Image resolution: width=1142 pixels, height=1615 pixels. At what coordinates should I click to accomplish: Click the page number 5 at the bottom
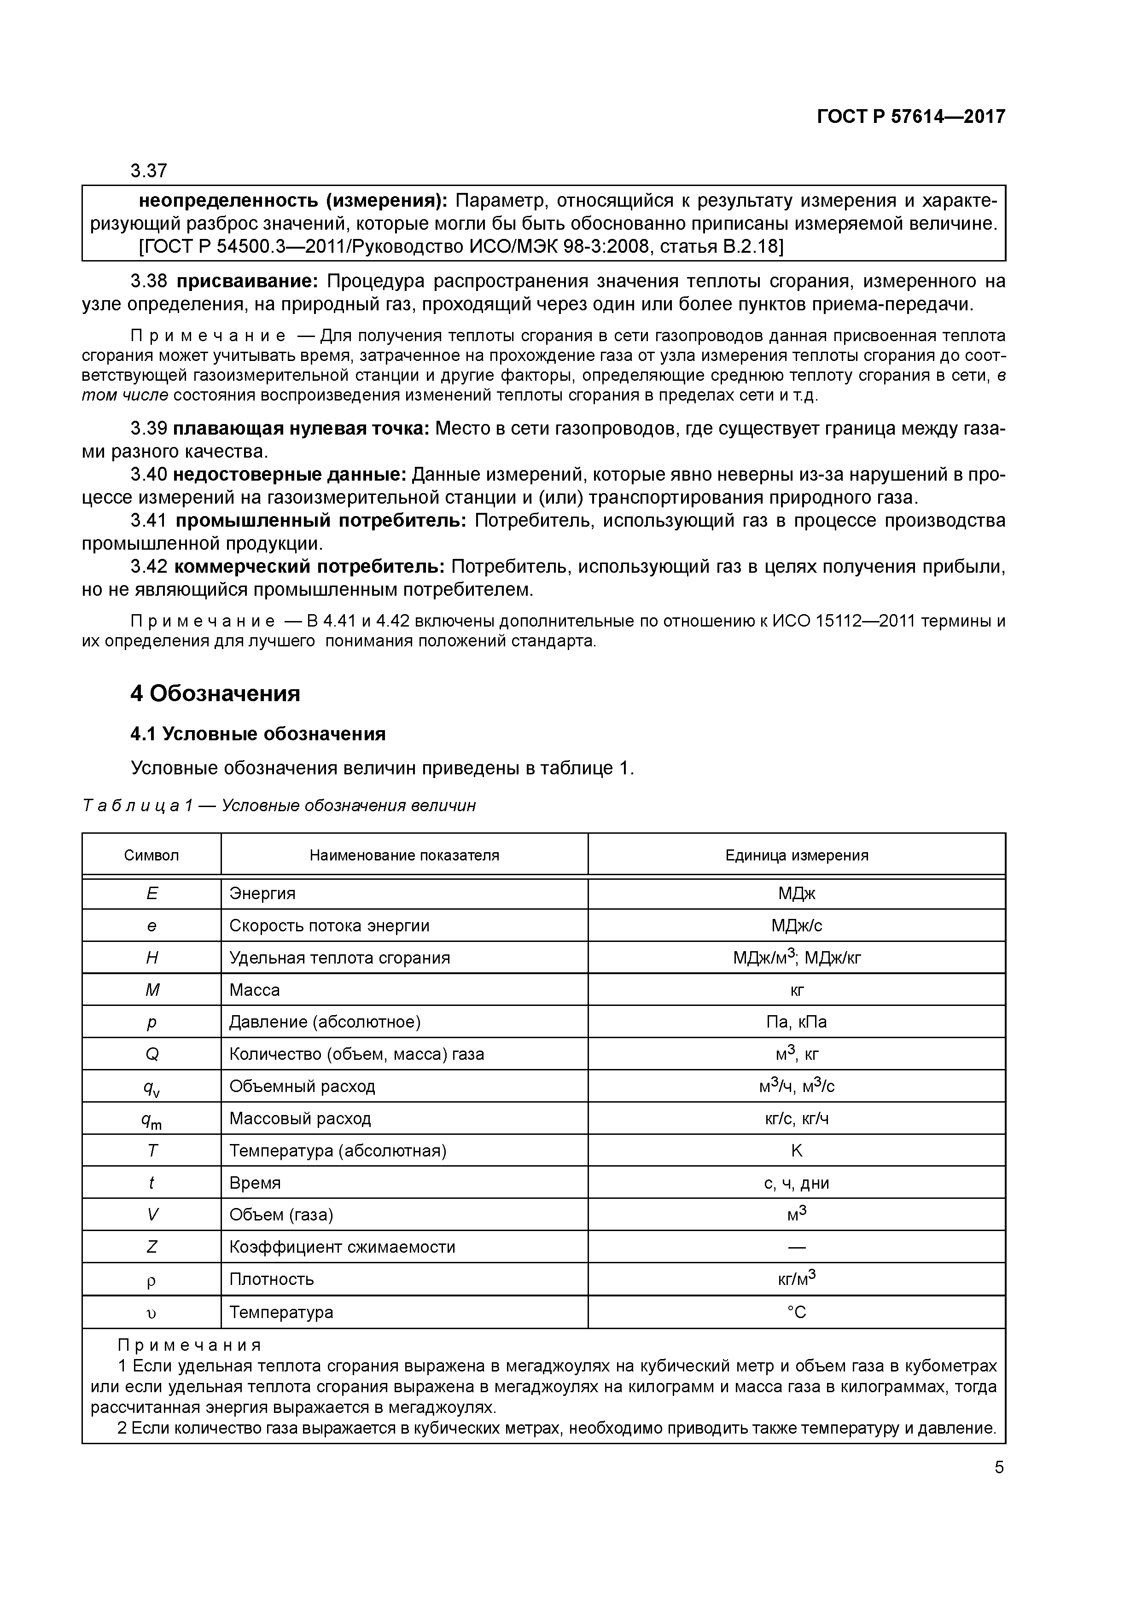pos(999,1467)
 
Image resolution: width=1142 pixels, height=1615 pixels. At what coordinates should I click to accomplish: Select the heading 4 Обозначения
pos(216,693)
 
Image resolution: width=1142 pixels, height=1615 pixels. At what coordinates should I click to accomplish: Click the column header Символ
pos(151,855)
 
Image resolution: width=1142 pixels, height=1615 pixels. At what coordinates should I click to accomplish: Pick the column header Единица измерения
pos(797,855)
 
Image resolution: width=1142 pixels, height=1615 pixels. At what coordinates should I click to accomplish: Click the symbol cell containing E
pos(152,893)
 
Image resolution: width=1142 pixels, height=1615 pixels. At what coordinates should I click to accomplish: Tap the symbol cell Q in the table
pos(152,1054)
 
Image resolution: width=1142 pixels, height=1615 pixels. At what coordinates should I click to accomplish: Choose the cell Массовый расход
pos(300,1118)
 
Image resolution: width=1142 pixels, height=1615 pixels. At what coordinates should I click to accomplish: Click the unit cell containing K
pos(797,1151)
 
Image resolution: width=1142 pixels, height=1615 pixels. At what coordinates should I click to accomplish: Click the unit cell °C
pos(797,1312)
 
